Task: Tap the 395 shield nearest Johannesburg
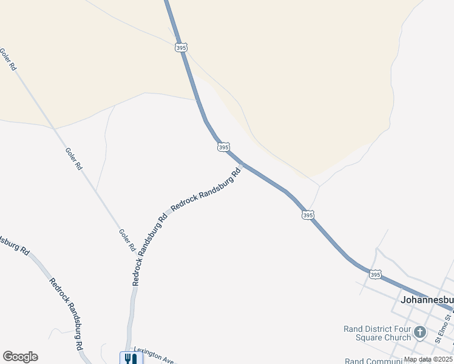(375, 275)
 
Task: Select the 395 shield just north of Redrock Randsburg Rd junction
(223, 147)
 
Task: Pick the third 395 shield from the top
(308, 215)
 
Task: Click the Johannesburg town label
(427, 300)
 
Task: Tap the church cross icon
(420, 333)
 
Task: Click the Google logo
(20, 357)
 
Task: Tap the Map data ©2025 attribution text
(428, 359)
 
